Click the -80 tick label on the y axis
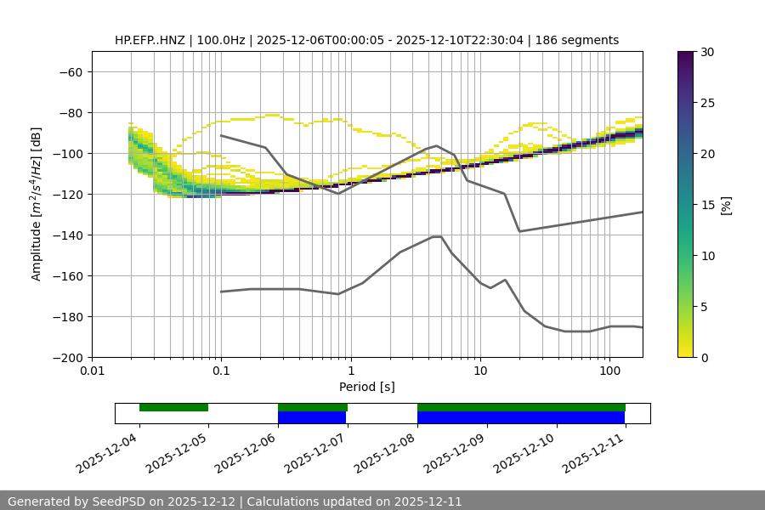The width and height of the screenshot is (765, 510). pos(69,112)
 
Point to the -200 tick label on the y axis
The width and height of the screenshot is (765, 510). pos(65,357)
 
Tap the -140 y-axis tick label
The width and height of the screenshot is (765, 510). pos(65,235)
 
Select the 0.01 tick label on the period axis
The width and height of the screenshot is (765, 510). pos(92,371)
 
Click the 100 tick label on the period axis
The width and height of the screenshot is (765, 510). pos(609,371)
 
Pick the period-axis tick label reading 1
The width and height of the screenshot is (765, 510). pos(350,371)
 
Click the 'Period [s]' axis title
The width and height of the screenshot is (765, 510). pos(367,387)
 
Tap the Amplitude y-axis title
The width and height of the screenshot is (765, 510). pos(37,204)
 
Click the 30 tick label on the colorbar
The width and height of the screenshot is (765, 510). pos(707,52)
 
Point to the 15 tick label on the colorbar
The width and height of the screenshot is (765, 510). pos(707,205)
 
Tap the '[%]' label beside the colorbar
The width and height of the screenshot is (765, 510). pos(726,205)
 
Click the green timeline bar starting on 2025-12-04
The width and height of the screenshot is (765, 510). pos(173,407)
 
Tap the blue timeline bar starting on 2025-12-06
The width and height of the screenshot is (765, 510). pos(312,417)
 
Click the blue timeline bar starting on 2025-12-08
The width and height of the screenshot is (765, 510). pos(521,417)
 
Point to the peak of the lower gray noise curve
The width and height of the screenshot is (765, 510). pos(437,236)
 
